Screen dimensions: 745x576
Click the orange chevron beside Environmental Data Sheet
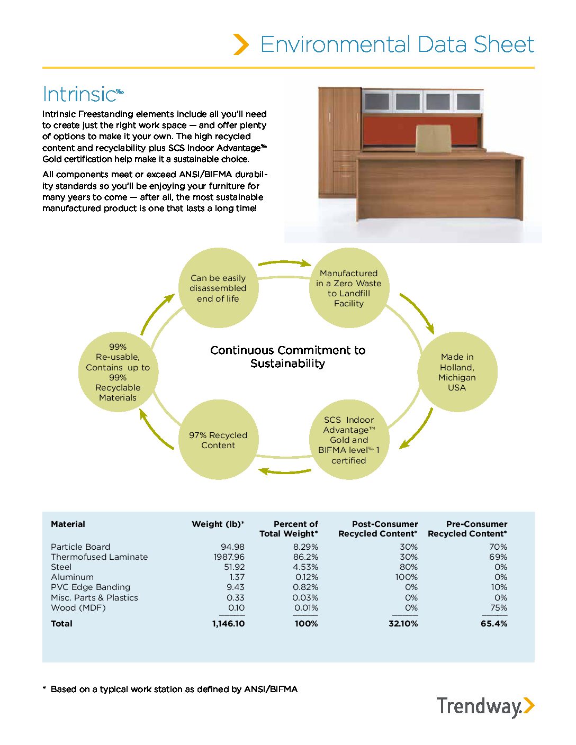tap(241, 44)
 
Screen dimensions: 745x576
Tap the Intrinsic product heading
tap(79, 94)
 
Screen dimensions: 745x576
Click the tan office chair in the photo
tap(433, 139)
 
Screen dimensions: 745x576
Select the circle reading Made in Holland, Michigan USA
tap(457, 372)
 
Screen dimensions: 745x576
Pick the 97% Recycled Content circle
tap(218, 440)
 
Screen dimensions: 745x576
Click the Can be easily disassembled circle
tap(218, 288)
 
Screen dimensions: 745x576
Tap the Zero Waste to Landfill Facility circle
tap(349, 288)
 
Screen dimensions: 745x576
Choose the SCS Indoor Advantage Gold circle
tap(349, 440)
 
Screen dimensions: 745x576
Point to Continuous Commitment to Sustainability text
tap(287, 357)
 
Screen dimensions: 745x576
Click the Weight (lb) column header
tap(218, 524)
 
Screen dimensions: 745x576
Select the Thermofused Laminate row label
tap(100, 557)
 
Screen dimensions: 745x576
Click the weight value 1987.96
tap(229, 557)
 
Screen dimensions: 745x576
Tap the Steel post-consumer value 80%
tap(408, 567)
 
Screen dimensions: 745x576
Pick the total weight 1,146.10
tap(228, 624)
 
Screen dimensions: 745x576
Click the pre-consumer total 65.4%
tap(494, 624)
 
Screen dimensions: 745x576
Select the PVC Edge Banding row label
tap(91, 587)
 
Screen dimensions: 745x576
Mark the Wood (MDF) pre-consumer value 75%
tap(499, 608)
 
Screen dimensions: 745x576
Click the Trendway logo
tap(485, 707)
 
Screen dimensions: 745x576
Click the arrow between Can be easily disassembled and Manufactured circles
tap(284, 262)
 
